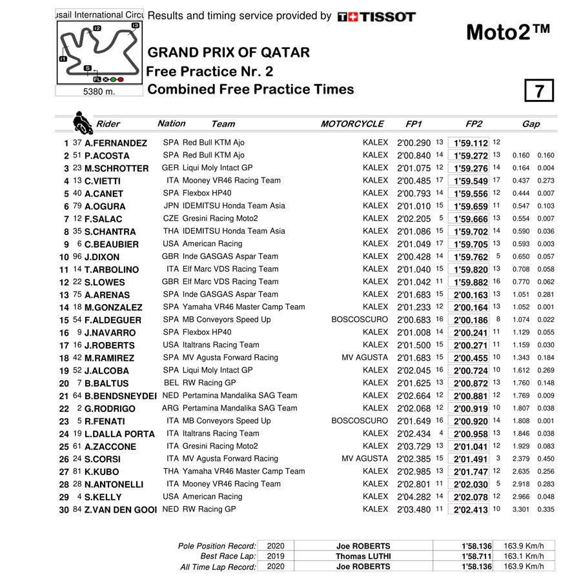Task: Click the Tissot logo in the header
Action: (x=376, y=16)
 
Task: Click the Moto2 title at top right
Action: (x=507, y=32)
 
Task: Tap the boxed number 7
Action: (x=539, y=92)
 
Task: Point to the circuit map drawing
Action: (x=99, y=54)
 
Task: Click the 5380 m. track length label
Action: (x=98, y=92)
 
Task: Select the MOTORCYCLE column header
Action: (x=352, y=124)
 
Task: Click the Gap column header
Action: (x=531, y=124)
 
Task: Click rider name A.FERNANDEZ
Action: (x=116, y=143)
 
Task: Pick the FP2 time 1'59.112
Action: (x=470, y=143)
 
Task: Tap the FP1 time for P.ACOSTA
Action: (x=413, y=156)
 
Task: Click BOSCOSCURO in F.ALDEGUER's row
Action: (x=360, y=320)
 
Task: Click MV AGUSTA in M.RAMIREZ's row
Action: (x=365, y=358)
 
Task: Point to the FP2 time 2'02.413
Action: (x=470, y=509)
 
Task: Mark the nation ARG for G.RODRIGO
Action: (x=170, y=408)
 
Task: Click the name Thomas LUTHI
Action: (x=363, y=556)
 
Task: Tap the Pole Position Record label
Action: (x=217, y=545)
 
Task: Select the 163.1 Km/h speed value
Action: (x=524, y=556)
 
